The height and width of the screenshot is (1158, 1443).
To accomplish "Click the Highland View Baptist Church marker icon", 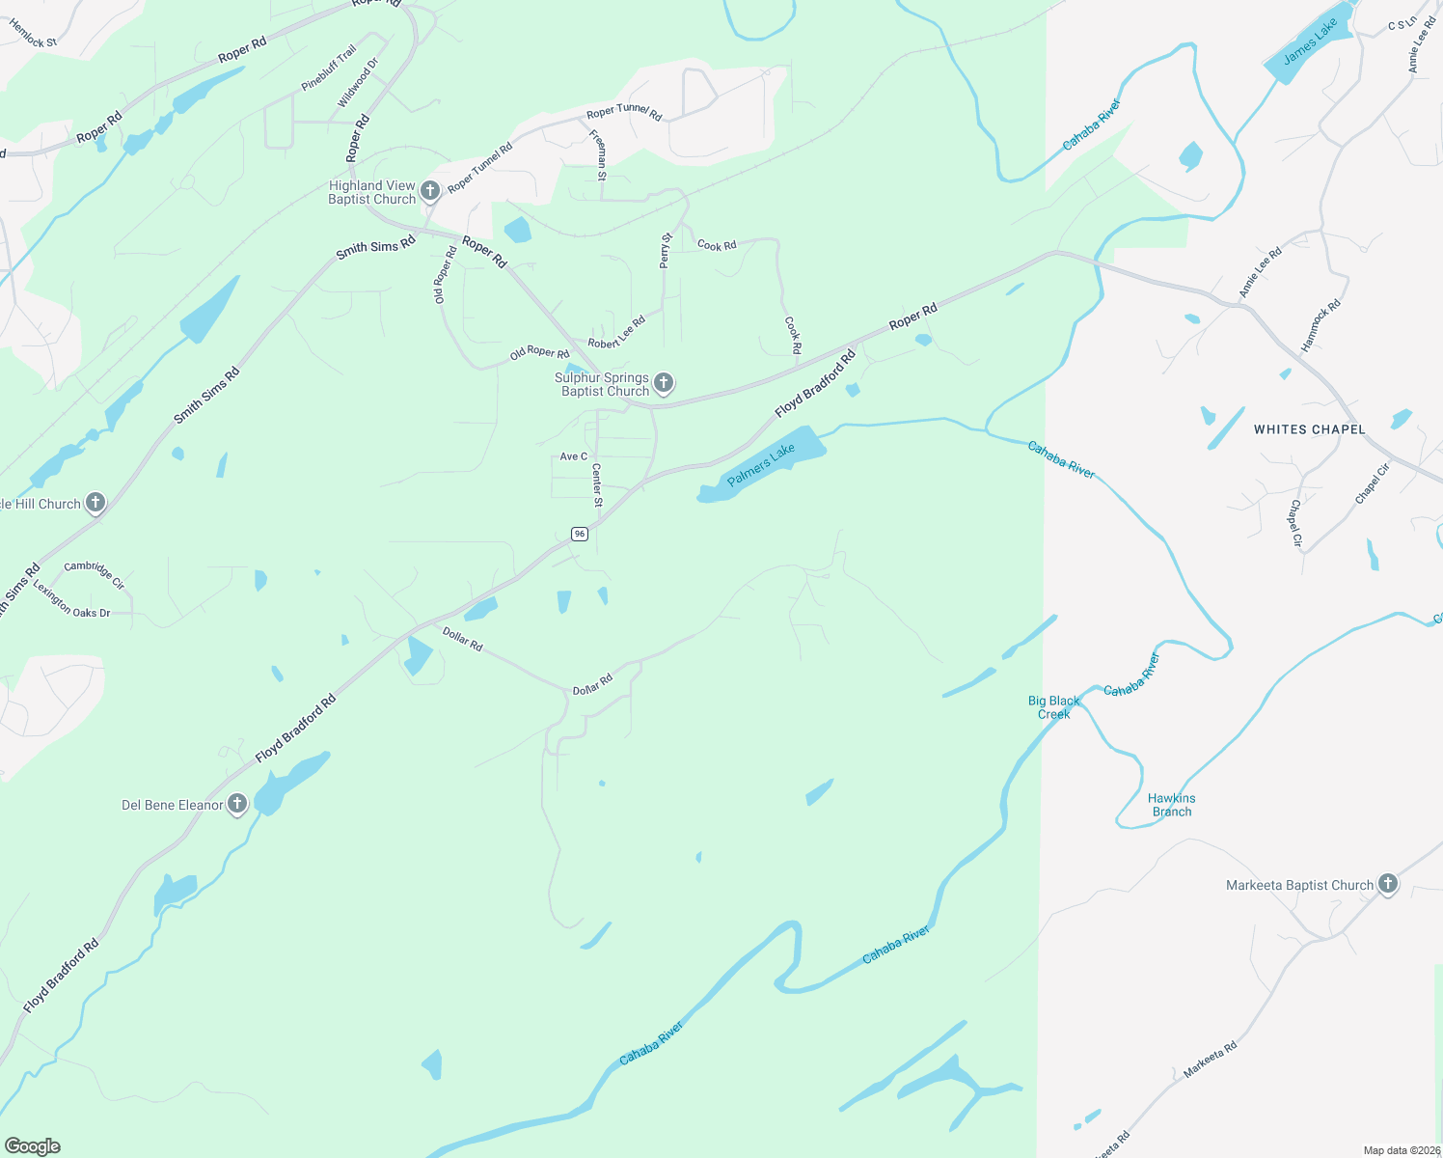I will point(430,191).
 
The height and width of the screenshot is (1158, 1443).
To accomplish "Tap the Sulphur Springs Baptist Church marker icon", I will point(664,383).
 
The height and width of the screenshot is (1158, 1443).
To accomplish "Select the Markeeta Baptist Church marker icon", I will point(1387,883).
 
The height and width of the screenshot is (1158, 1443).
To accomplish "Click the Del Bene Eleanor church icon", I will point(237,804).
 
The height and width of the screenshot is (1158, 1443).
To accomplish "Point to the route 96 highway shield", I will point(579,534).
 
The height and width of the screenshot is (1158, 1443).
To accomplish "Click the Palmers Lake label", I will point(761,464).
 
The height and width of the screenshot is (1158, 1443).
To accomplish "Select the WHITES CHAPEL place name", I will point(1309,429).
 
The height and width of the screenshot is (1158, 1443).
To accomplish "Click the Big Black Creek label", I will point(1053,707).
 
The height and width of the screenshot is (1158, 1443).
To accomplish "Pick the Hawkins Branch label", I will point(1171,805).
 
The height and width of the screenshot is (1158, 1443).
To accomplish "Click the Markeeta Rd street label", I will point(1210,1059).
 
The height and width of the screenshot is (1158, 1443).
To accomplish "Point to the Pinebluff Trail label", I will point(329,68).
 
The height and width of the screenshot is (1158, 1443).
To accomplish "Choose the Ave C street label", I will point(573,456).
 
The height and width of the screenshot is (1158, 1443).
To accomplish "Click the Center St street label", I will point(597,485).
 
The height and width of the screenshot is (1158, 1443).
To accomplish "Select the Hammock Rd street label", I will point(1320,324).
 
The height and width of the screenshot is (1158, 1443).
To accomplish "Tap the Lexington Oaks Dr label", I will point(72,602).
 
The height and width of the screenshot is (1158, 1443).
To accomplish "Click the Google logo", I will point(33,1146).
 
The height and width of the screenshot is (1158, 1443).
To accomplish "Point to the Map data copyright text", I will point(1401,1150).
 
